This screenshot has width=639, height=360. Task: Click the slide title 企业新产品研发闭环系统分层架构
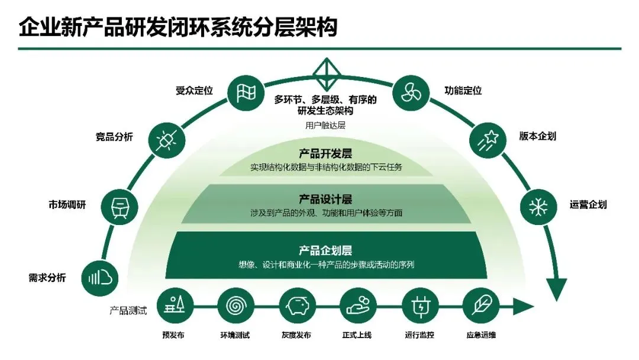(177, 27)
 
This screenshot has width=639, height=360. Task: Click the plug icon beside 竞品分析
(164, 140)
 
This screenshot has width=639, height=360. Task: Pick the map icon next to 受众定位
(245, 92)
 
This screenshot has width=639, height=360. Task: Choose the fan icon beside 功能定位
(409, 92)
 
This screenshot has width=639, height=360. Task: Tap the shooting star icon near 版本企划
(487, 140)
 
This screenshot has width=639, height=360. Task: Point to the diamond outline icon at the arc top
(324, 75)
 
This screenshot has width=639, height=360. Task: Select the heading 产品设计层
(325, 199)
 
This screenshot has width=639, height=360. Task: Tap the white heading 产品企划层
(325, 251)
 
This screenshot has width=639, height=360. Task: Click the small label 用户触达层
(325, 126)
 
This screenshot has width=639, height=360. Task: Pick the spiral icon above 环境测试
(235, 307)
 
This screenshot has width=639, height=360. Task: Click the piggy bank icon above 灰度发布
(297, 307)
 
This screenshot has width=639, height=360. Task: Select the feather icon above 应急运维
(480, 307)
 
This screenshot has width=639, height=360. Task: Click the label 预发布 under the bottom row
(173, 336)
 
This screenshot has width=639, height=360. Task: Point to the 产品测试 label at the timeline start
(128, 310)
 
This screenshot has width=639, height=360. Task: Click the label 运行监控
(419, 336)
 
